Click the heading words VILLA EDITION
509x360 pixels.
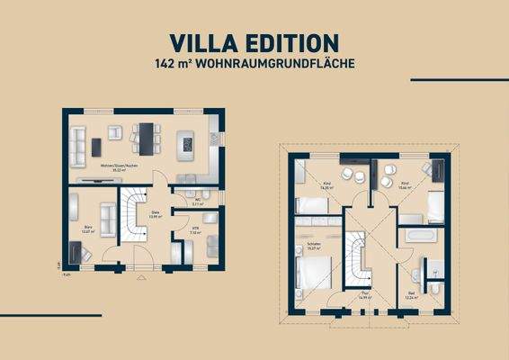pos(254,42)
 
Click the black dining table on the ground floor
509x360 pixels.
pos(144,135)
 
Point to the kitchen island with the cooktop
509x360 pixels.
pos(187,141)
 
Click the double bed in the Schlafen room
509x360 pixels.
pos(316,274)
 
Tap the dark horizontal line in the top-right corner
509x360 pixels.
pos(459,79)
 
